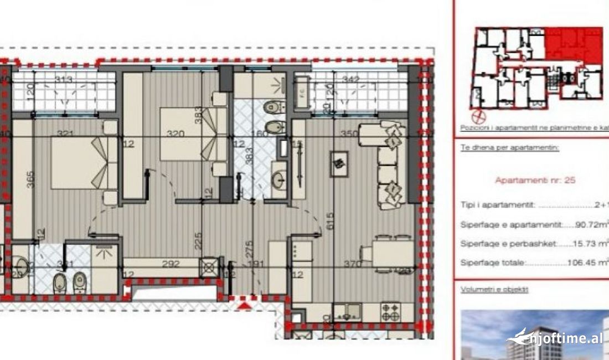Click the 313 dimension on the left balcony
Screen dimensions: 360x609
64,80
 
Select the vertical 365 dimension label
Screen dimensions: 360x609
30,179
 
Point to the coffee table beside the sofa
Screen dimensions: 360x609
339,160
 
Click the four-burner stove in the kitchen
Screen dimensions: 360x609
391,313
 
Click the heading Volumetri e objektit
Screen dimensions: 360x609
494,289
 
